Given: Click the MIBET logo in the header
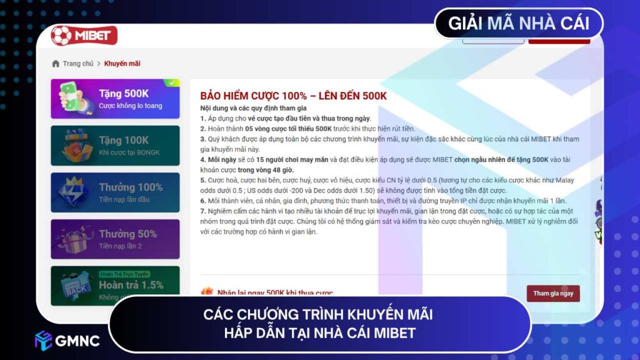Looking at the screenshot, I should click(x=84, y=35).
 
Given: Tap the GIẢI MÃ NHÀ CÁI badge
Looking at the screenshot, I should click(x=519, y=24).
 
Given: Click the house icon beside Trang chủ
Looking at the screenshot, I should click(x=56, y=64).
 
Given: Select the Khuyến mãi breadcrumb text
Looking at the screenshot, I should click(x=122, y=64).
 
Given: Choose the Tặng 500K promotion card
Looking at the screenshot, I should click(x=115, y=99).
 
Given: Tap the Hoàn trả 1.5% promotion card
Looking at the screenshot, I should click(x=115, y=284).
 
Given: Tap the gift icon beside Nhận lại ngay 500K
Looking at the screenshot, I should click(x=207, y=292).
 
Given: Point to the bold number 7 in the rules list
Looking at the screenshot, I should click(x=202, y=211).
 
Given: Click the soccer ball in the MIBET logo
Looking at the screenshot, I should click(x=62, y=35).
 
